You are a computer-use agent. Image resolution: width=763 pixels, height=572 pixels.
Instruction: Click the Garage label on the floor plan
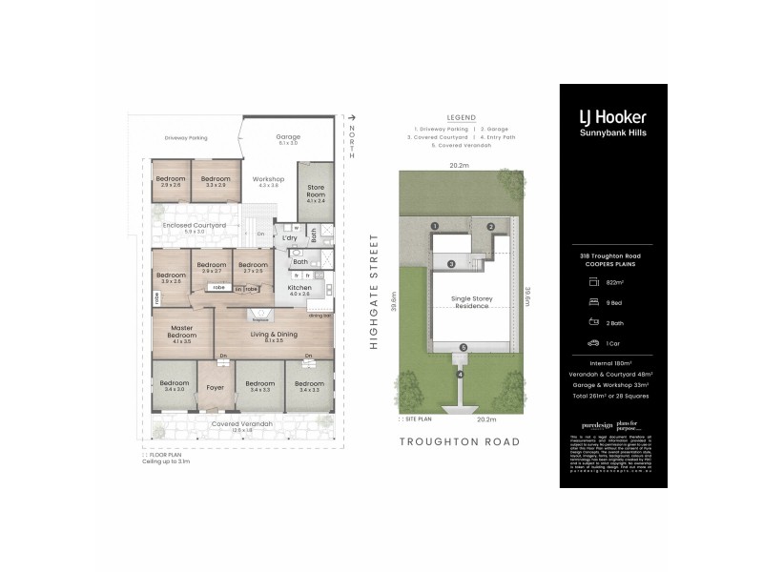pyautogui.click(x=288, y=136)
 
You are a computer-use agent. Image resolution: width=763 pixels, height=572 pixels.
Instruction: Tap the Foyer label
pyautogui.click(x=217, y=387)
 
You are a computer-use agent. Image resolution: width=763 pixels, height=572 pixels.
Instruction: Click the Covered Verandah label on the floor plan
pyautogui.click(x=242, y=423)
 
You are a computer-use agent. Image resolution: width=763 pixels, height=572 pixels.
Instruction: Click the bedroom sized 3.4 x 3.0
pyautogui.click(x=174, y=386)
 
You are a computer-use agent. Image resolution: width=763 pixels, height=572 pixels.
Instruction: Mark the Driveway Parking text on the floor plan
pyautogui.click(x=185, y=136)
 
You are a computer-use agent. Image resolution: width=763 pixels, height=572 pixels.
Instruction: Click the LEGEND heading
pyautogui.click(x=461, y=118)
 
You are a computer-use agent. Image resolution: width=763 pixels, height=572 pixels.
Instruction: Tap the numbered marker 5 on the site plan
pyautogui.click(x=462, y=347)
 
